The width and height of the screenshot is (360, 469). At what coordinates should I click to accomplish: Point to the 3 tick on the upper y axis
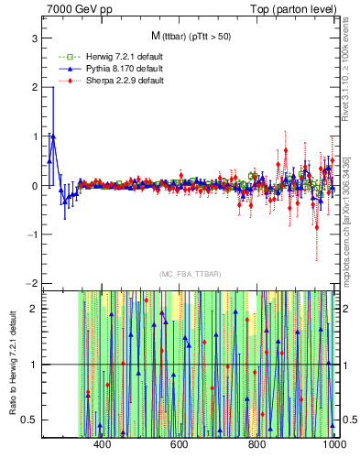33,38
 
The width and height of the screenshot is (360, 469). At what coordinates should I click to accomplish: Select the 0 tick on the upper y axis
33,185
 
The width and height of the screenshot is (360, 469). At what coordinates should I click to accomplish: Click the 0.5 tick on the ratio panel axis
29,420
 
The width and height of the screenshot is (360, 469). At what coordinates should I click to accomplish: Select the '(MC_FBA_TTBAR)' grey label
190,274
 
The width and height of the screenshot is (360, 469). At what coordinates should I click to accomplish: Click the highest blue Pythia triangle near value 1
53,136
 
